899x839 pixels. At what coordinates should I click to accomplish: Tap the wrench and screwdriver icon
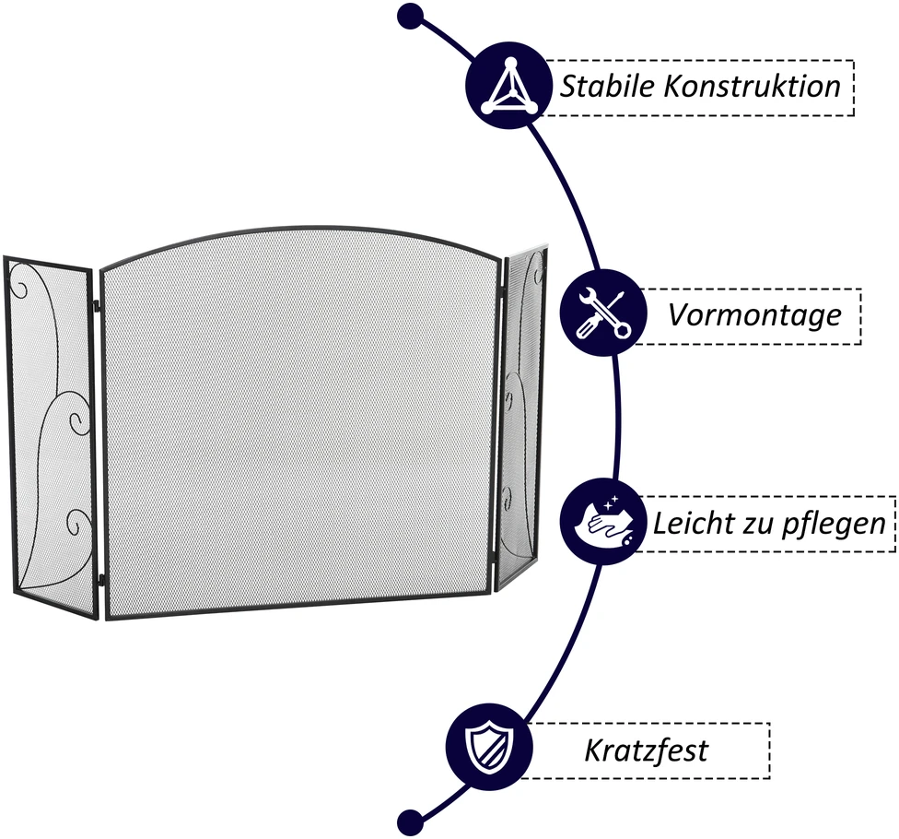603,313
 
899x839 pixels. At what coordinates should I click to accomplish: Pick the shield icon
490,747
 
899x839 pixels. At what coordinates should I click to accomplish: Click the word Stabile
607,87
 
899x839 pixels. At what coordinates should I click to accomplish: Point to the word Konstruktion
753,87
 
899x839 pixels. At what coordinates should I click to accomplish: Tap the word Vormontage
754,315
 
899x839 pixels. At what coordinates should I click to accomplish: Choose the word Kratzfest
647,750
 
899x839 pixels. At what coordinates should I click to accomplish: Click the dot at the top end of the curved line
410,16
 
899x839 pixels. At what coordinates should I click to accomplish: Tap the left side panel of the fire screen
50,437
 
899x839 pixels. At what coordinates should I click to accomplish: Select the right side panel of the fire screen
520,418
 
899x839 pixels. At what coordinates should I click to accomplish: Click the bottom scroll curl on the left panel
78,521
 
